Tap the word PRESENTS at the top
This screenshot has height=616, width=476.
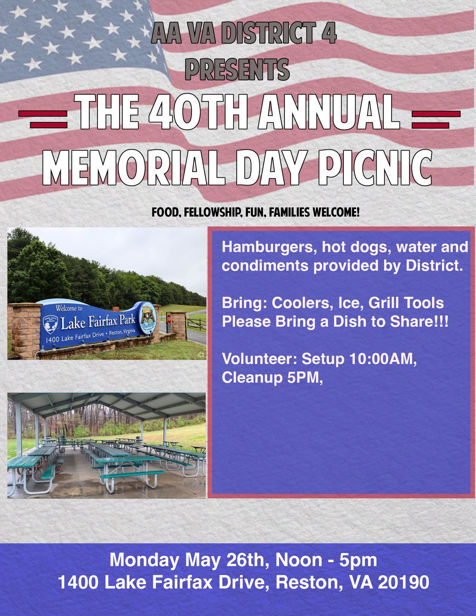(237, 69)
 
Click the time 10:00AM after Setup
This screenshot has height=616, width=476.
(383, 359)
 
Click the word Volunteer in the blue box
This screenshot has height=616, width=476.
(259, 359)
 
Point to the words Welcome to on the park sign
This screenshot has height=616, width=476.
(69, 308)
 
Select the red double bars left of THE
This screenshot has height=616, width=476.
(43, 119)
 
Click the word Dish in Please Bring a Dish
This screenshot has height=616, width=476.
(351, 322)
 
